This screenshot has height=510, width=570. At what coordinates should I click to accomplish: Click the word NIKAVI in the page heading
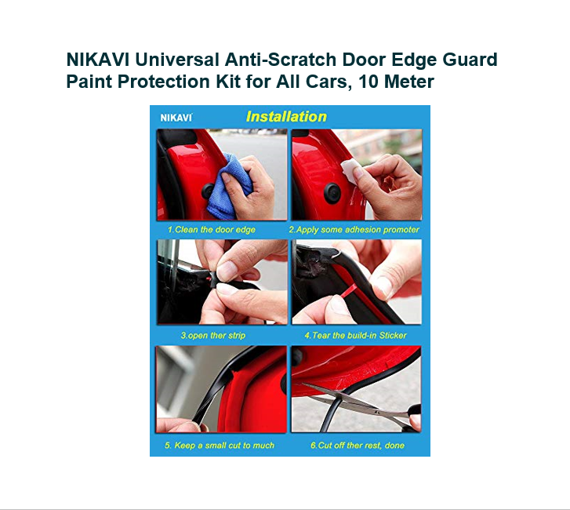[97, 60]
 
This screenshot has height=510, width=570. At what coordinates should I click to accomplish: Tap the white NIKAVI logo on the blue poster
[176, 118]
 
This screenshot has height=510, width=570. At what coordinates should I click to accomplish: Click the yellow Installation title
[286, 116]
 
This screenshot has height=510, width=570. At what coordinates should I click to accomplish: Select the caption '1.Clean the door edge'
[211, 230]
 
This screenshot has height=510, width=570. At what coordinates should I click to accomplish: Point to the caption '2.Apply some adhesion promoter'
[354, 230]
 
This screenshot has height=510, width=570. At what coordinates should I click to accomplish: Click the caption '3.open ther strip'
[213, 335]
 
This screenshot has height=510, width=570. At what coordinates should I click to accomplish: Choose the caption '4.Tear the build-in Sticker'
[355, 335]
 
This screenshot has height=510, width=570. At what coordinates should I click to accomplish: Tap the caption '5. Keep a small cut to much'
[220, 445]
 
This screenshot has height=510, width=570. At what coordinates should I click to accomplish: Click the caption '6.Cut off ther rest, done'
[358, 445]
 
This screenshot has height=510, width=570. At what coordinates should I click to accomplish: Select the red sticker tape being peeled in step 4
[346, 291]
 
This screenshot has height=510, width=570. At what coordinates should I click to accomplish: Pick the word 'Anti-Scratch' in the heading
[281, 60]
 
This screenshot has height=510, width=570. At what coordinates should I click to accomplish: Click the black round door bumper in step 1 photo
[208, 191]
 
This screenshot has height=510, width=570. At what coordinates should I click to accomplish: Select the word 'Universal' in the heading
[177, 60]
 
